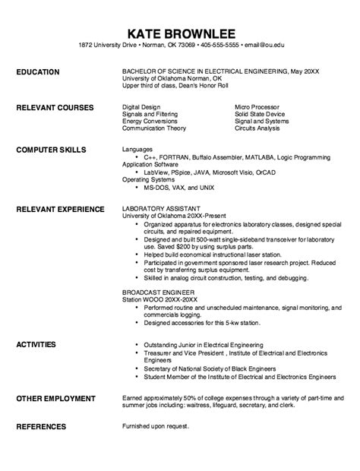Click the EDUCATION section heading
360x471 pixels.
pos(37,72)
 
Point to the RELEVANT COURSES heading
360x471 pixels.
pos(55,108)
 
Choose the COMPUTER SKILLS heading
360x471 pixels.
pos(51,149)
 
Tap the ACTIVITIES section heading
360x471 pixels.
pos(36,344)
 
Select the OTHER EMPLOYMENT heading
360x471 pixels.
pos(56,399)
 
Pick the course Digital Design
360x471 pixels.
pos(141,107)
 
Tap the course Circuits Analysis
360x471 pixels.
pos(257,128)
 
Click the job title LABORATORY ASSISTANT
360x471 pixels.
pos(161,207)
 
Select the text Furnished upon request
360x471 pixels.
pos(154,426)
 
